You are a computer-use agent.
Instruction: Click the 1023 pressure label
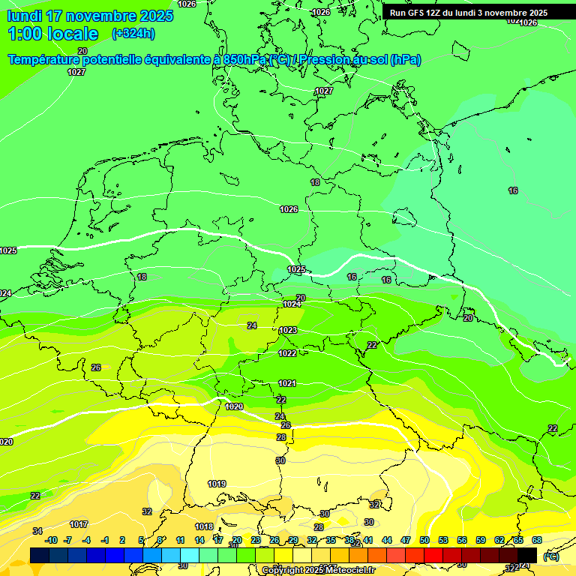click(x=288, y=330)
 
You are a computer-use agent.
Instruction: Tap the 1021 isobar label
click(x=287, y=383)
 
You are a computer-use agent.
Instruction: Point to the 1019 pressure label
click(x=217, y=484)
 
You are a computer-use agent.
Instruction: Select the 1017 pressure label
click(x=79, y=524)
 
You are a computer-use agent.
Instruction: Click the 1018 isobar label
click(x=204, y=527)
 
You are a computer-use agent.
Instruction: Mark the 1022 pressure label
click(x=287, y=353)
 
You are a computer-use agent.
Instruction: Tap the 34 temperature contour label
click(x=37, y=531)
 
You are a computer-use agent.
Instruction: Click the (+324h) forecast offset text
click(x=133, y=34)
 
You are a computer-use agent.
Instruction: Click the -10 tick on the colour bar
click(x=51, y=540)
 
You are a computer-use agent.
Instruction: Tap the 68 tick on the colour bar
click(x=537, y=540)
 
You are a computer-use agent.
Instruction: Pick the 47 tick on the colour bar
click(x=406, y=540)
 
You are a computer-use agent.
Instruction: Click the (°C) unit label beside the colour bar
click(x=551, y=556)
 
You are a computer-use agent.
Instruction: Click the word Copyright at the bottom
click(x=283, y=571)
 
